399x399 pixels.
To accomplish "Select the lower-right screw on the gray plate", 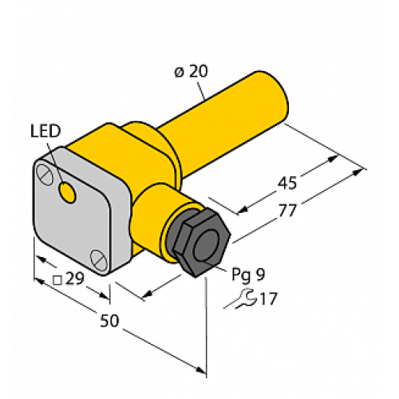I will click(98, 258).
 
